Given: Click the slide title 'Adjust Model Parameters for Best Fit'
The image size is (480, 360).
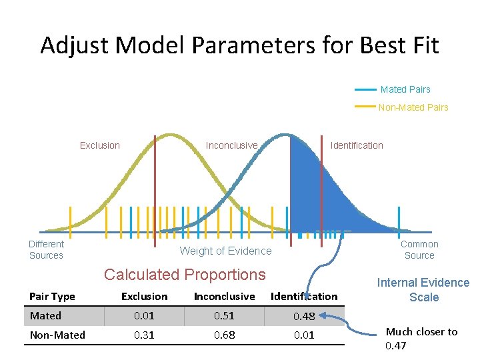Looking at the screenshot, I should (239, 45).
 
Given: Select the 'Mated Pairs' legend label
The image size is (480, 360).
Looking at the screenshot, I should (405, 89).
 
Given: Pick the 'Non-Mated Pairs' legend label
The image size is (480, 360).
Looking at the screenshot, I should (413, 107).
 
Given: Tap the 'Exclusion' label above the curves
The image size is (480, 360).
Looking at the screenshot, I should (100, 145).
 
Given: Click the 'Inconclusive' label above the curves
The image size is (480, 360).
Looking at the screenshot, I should (231, 145).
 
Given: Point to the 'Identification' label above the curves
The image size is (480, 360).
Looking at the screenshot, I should (357, 145).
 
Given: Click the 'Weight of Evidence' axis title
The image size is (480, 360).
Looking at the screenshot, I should (226, 251).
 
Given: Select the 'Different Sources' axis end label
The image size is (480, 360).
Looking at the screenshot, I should (47, 250).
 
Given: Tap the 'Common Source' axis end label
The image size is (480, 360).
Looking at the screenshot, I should (419, 250).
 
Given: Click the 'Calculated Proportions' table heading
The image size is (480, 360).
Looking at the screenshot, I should (185, 275).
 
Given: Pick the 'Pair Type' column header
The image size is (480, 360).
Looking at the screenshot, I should (53, 297).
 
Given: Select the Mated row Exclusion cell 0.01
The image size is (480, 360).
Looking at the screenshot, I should (144, 316).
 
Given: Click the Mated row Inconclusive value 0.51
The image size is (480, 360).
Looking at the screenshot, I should (224, 316).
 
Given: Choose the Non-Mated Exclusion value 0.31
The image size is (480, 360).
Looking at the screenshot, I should (144, 335).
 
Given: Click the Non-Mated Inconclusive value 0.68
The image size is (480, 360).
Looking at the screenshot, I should (224, 335).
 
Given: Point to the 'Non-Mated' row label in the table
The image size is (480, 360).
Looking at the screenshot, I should (57, 335).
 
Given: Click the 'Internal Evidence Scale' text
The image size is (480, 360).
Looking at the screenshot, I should (423, 290).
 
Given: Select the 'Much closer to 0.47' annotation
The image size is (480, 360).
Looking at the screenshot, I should (421, 339).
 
